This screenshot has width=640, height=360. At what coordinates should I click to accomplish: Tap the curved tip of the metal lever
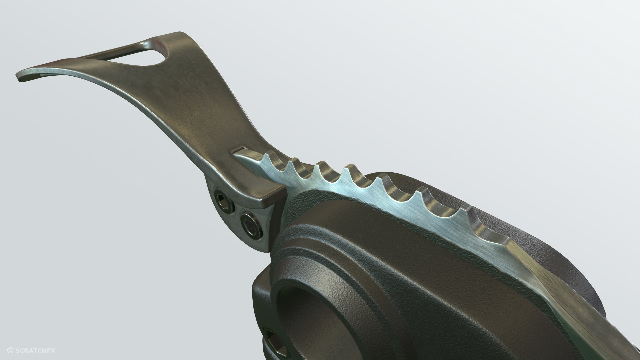(x=21, y=76)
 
